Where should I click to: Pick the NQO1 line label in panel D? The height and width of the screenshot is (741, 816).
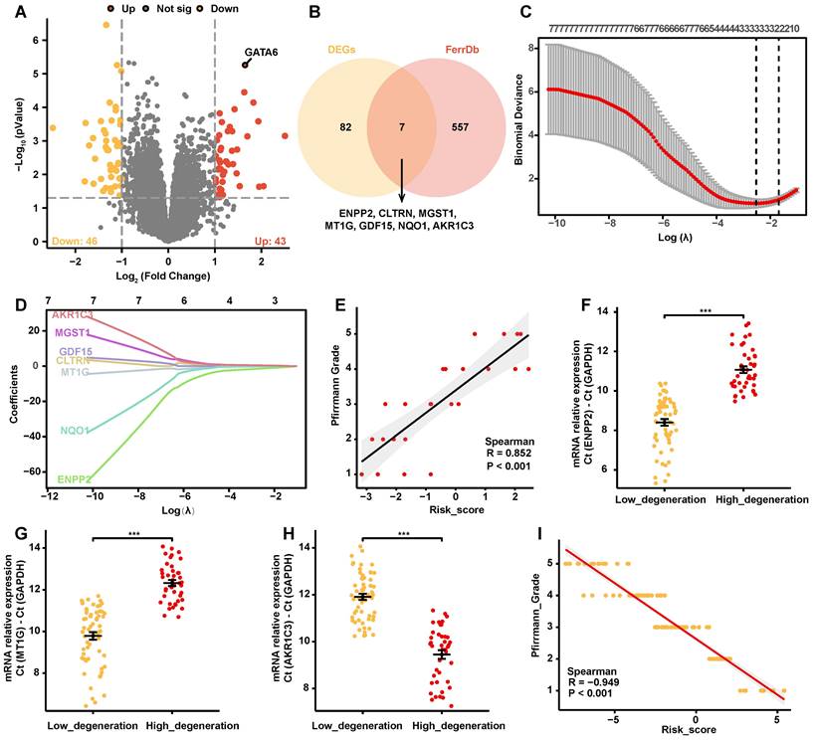click(x=76, y=431)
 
